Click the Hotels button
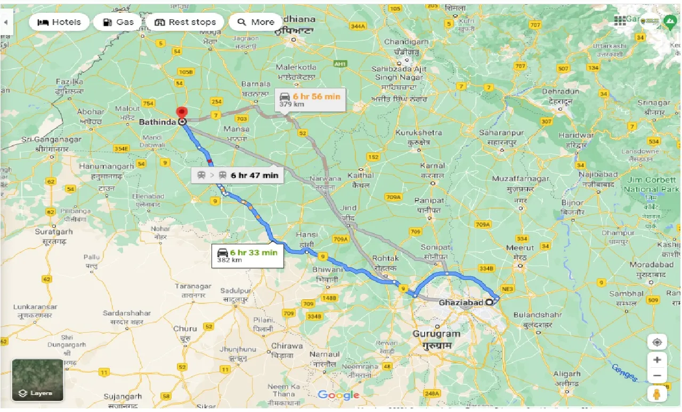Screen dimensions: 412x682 point(59,22)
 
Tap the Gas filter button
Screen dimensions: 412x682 point(118,22)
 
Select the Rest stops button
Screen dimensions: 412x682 point(185,22)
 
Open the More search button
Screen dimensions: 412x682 point(256,22)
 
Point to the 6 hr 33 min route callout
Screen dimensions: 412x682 point(248,256)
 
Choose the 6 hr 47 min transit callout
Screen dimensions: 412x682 point(237,175)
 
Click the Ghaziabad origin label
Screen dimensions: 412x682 point(460,302)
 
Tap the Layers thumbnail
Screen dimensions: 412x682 point(38,380)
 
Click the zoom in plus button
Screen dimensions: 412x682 point(657,360)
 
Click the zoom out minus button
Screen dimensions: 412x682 point(657,376)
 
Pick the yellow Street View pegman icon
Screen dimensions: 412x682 point(657,394)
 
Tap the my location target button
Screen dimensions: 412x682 point(657,342)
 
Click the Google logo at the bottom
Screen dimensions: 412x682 point(339,395)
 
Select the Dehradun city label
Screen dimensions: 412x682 point(561,92)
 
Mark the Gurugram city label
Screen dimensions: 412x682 point(436,334)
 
